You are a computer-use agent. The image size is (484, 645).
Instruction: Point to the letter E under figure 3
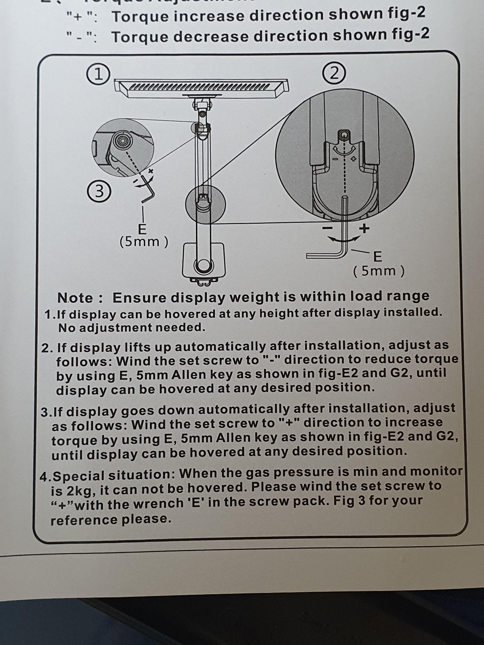click(x=142, y=230)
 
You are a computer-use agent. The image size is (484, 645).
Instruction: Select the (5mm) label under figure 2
click(x=379, y=271)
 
